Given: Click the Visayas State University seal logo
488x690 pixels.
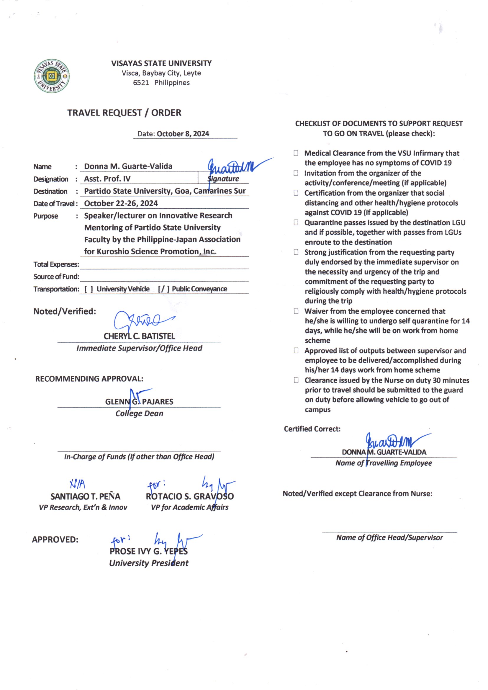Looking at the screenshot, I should [52, 76].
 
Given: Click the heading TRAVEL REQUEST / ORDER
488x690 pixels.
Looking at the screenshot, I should [124, 113].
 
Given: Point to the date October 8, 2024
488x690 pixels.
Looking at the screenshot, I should [183, 134].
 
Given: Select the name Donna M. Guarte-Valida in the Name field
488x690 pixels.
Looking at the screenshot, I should [128, 166].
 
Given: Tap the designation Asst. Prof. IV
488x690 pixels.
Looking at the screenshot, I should [107, 179].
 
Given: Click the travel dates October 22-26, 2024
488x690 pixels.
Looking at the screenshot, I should [121, 203].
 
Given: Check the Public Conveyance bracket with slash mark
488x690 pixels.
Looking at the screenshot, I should [164, 289].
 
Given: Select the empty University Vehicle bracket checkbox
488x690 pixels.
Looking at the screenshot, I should [89, 289].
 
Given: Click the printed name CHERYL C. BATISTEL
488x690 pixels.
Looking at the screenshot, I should [139, 336].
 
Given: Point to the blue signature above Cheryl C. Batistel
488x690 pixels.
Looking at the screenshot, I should [141, 321].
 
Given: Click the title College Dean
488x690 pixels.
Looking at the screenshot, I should [139, 413].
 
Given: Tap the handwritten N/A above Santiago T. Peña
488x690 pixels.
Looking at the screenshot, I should [78, 484].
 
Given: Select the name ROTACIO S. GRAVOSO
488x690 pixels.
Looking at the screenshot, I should [190, 496].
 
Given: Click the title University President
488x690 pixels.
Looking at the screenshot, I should [149, 563].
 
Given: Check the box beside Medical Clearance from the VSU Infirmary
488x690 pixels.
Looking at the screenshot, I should [296, 153].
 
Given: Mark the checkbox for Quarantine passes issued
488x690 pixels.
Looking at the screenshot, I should [296, 223].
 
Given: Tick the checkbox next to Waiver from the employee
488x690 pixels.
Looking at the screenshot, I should [296, 311].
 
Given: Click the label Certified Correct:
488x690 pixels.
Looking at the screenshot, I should [312, 429].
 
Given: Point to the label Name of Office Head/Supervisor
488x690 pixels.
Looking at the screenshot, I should [389, 538].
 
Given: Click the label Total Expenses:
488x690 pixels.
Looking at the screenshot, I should [56, 264].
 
